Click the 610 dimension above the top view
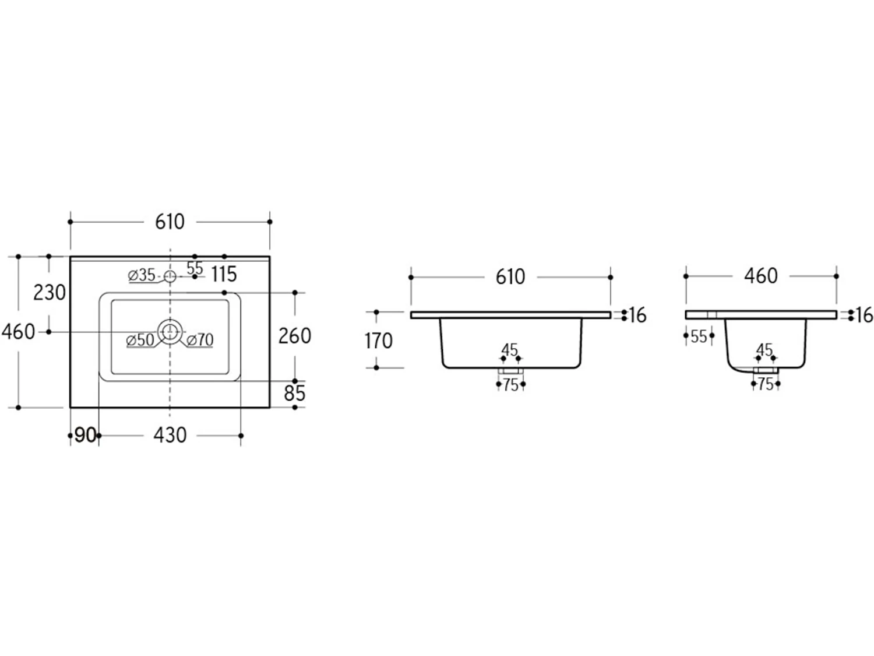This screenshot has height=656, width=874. (170, 222)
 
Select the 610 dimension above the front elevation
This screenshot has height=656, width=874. (510, 277)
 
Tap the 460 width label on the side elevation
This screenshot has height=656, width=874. (760, 276)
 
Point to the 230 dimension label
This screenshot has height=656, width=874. (50, 293)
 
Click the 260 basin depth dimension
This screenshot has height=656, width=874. (295, 336)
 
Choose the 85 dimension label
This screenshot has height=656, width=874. (295, 394)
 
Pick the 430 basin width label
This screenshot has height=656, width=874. (170, 436)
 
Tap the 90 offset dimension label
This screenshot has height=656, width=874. (85, 436)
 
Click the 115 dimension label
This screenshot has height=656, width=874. (224, 274)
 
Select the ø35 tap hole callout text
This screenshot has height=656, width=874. (142, 275)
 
